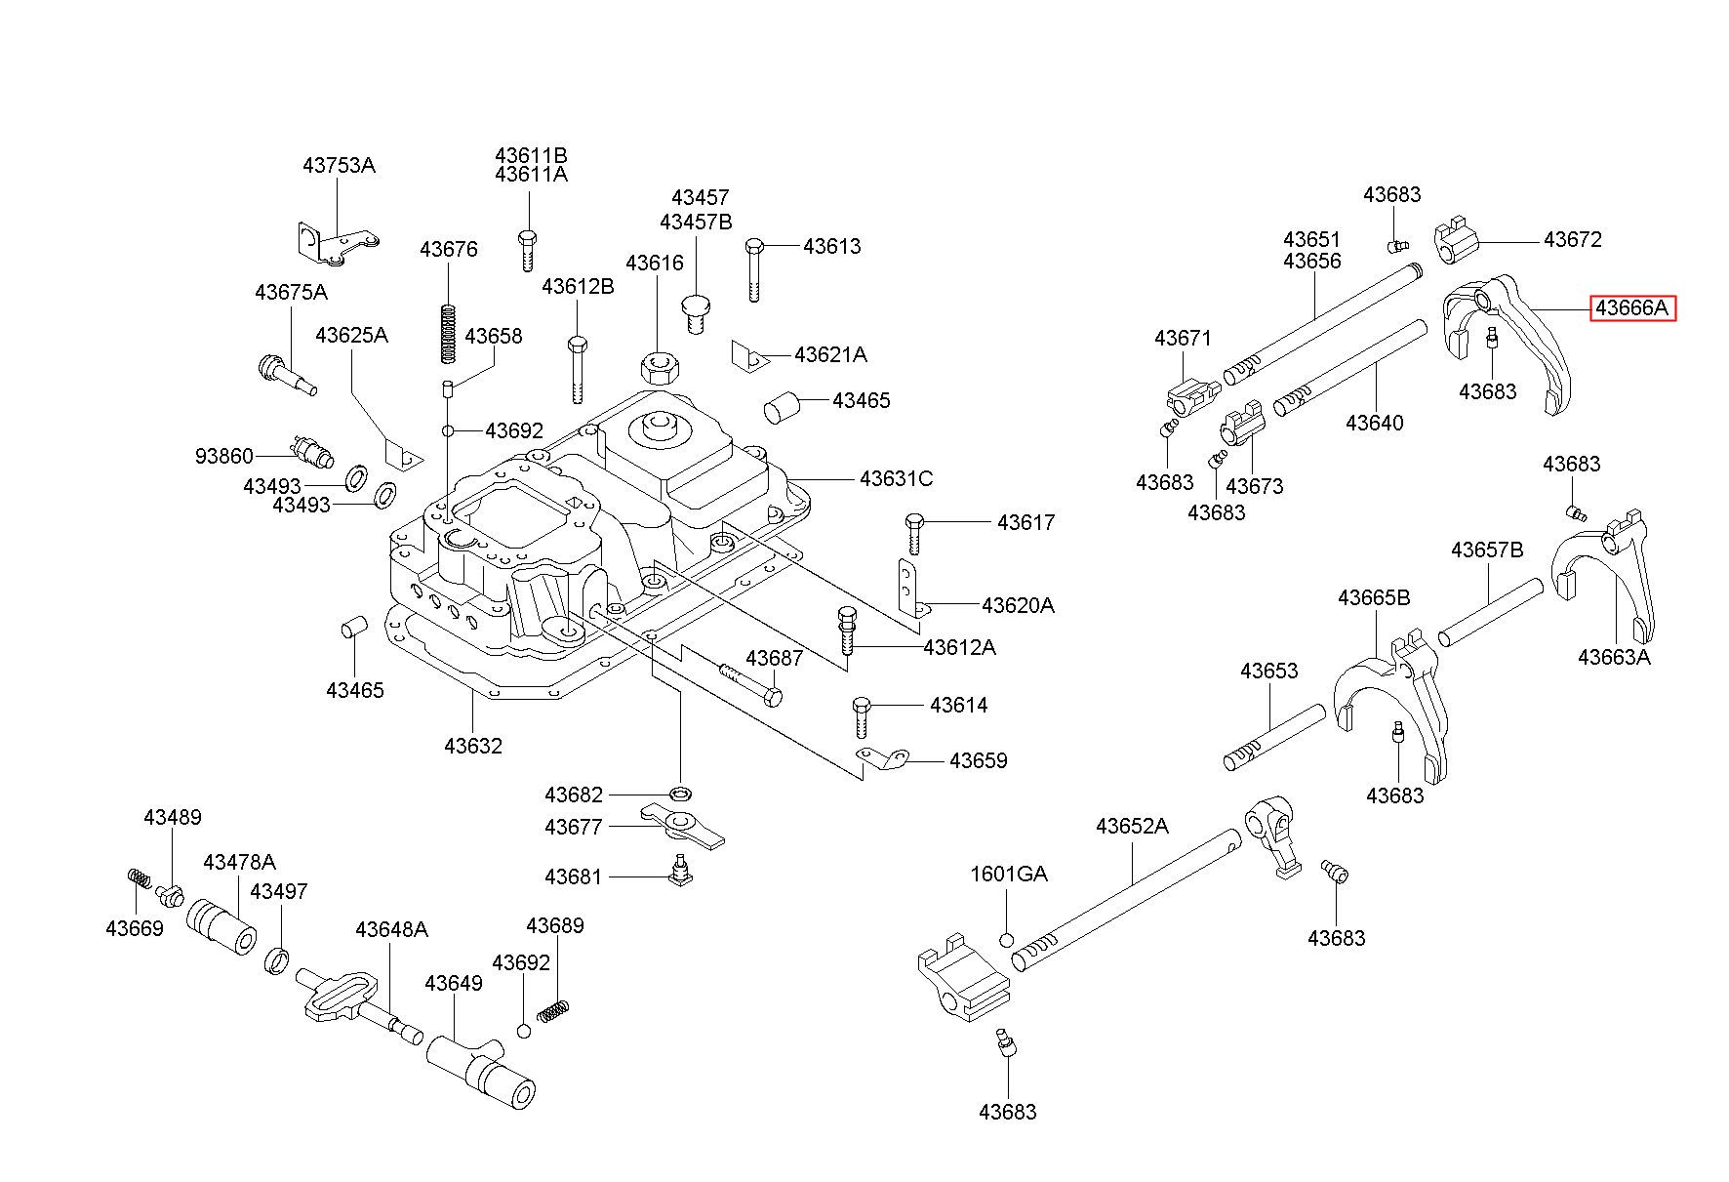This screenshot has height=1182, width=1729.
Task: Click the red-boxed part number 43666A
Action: pos(1633,308)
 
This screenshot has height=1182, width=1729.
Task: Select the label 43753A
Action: pos(339,165)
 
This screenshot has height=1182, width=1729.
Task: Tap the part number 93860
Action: pos(224,456)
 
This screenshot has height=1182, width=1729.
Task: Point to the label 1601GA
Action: pos(1009,875)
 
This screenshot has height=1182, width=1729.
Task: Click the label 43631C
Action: pos(896,478)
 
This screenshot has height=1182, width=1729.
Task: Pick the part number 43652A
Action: pos(1132,826)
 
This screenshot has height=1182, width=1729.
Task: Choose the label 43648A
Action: pos(391,928)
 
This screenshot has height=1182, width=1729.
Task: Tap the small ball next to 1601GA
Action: pos(1007,940)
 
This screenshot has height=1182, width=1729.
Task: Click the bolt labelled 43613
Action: pos(753,269)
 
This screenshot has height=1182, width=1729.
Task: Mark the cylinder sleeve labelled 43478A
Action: pos(223,928)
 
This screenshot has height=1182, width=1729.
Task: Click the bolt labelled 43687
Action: pos(750,683)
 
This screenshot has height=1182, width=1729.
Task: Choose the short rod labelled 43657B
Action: pos(1490,612)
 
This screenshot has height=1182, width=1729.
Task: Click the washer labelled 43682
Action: pos(681,790)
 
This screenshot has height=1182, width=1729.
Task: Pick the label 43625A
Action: pos(351,335)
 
